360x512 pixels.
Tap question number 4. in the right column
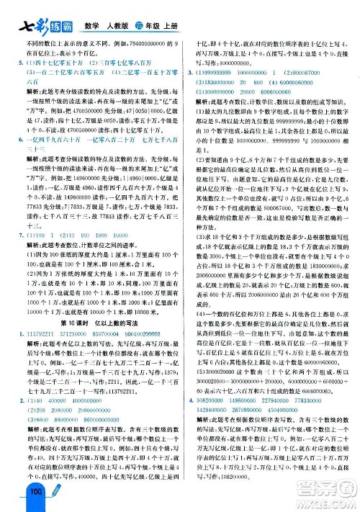189,416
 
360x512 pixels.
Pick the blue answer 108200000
213,416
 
